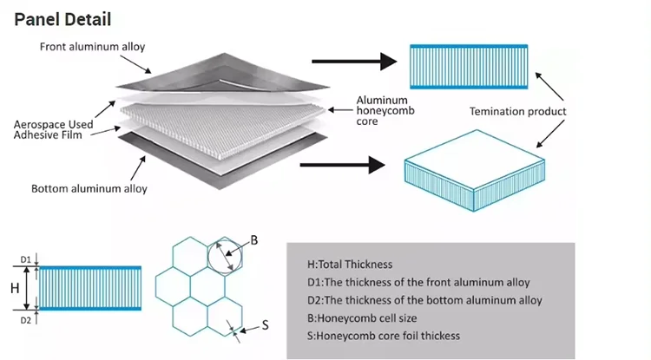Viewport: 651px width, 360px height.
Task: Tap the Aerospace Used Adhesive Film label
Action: [x=53, y=132]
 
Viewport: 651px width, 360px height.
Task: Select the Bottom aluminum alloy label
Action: [x=89, y=188]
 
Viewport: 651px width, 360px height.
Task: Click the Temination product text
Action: [x=517, y=112]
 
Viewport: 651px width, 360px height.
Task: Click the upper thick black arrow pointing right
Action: [x=348, y=61]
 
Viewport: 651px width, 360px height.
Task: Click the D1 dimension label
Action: [x=26, y=259]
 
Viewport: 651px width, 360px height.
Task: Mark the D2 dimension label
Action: [x=26, y=320]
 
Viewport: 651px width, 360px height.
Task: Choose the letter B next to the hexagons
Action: [x=255, y=239]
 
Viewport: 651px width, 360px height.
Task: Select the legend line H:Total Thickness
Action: [x=350, y=265]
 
